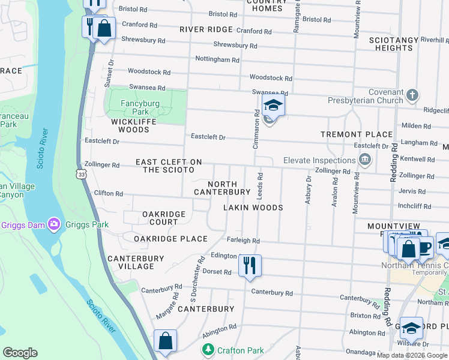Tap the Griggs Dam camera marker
tap(54, 224)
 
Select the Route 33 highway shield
tap(82, 173)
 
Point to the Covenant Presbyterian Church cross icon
tap(412, 95)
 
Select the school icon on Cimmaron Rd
tap(273, 106)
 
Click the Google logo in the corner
tap(20, 353)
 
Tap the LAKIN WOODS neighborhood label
tap(253, 208)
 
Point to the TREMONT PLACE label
tap(356, 134)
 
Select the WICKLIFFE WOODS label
tap(121, 125)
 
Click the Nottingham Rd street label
tap(217, 59)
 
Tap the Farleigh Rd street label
tap(243, 241)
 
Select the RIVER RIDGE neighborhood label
tap(205, 29)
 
